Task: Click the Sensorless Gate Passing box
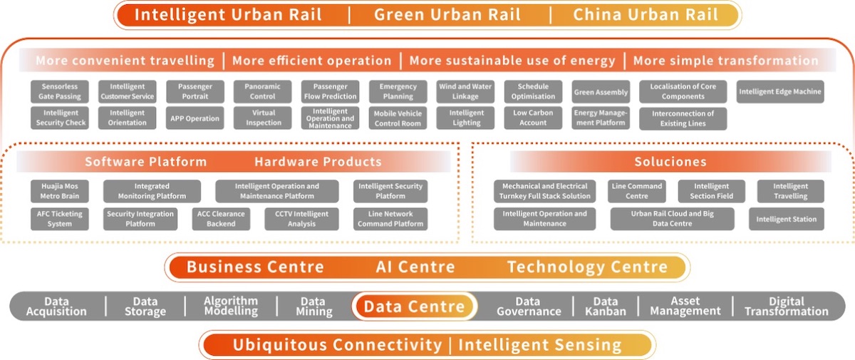pos(60,91)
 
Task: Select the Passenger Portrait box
pos(195,91)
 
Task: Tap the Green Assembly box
pos(601,92)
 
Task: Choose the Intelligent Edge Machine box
pos(780,91)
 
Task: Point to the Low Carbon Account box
pos(533,118)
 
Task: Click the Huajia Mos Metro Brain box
pos(60,191)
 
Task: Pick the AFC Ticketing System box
pos(60,219)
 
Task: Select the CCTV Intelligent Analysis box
pos(297,219)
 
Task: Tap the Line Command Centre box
pos(637,191)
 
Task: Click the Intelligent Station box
pos(787,219)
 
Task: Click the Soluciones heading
pos(670,162)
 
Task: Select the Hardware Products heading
pos(318,162)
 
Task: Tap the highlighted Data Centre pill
pos(414,307)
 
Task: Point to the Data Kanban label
pos(606,307)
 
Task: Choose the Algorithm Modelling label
pos(231,306)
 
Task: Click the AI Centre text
pos(415,267)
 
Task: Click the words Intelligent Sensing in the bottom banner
pos(539,345)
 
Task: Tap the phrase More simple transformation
pos(725,61)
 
